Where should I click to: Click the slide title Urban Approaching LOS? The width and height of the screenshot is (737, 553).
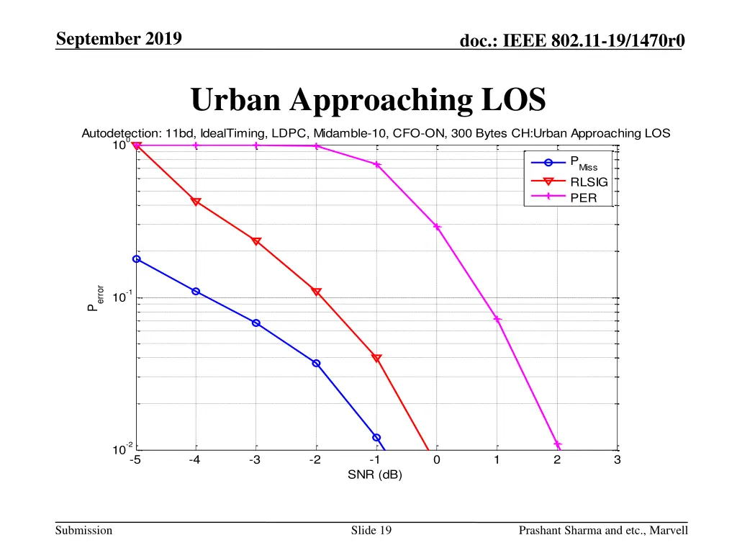point(368,100)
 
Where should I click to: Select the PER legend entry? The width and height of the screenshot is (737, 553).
point(583,198)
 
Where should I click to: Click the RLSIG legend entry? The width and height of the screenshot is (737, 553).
point(589,182)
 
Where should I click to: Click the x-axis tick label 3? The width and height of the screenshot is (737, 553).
point(617,462)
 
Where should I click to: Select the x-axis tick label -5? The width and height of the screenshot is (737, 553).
point(135,462)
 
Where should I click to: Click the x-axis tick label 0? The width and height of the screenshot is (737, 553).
point(436,462)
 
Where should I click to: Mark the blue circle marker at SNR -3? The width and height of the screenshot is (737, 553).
point(256,323)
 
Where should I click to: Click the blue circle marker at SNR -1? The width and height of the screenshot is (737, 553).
point(376,437)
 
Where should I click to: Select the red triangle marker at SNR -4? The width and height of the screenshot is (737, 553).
point(196,202)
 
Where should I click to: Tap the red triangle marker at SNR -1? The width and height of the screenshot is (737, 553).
point(376,358)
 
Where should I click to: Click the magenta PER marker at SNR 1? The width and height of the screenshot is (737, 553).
point(497,319)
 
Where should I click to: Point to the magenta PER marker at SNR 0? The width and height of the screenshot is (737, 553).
point(437,227)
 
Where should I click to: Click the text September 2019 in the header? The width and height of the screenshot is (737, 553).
point(119,39)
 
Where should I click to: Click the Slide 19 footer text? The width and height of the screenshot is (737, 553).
point(371,531)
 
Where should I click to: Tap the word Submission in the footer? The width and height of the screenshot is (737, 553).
point(85,531)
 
